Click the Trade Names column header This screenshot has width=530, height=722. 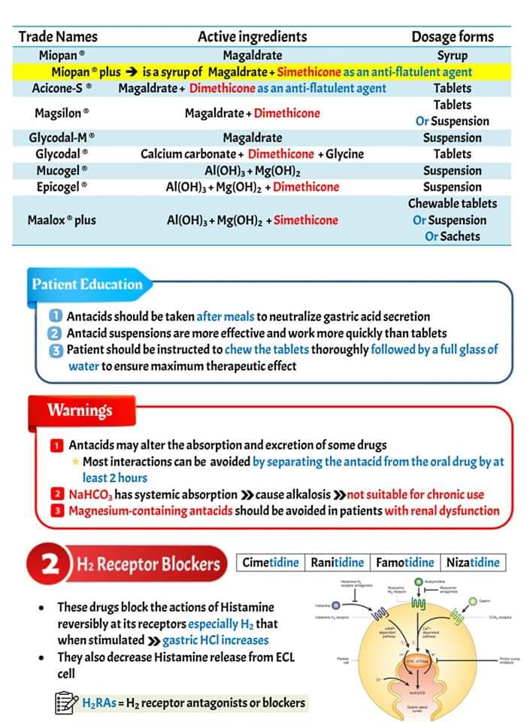58,36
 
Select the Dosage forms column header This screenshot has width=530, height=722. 452,36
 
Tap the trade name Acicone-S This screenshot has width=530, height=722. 62,88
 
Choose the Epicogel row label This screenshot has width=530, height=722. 62,187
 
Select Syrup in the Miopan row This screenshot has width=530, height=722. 452,55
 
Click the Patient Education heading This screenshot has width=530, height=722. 86,284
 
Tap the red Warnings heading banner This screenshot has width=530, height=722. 79,410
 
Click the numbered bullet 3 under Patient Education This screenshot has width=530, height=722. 56,350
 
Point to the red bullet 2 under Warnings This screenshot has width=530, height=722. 57,494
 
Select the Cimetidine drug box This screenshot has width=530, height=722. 270,563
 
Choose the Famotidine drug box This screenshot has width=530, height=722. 404,563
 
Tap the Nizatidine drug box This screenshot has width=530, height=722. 472,563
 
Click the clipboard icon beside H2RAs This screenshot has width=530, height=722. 67,703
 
